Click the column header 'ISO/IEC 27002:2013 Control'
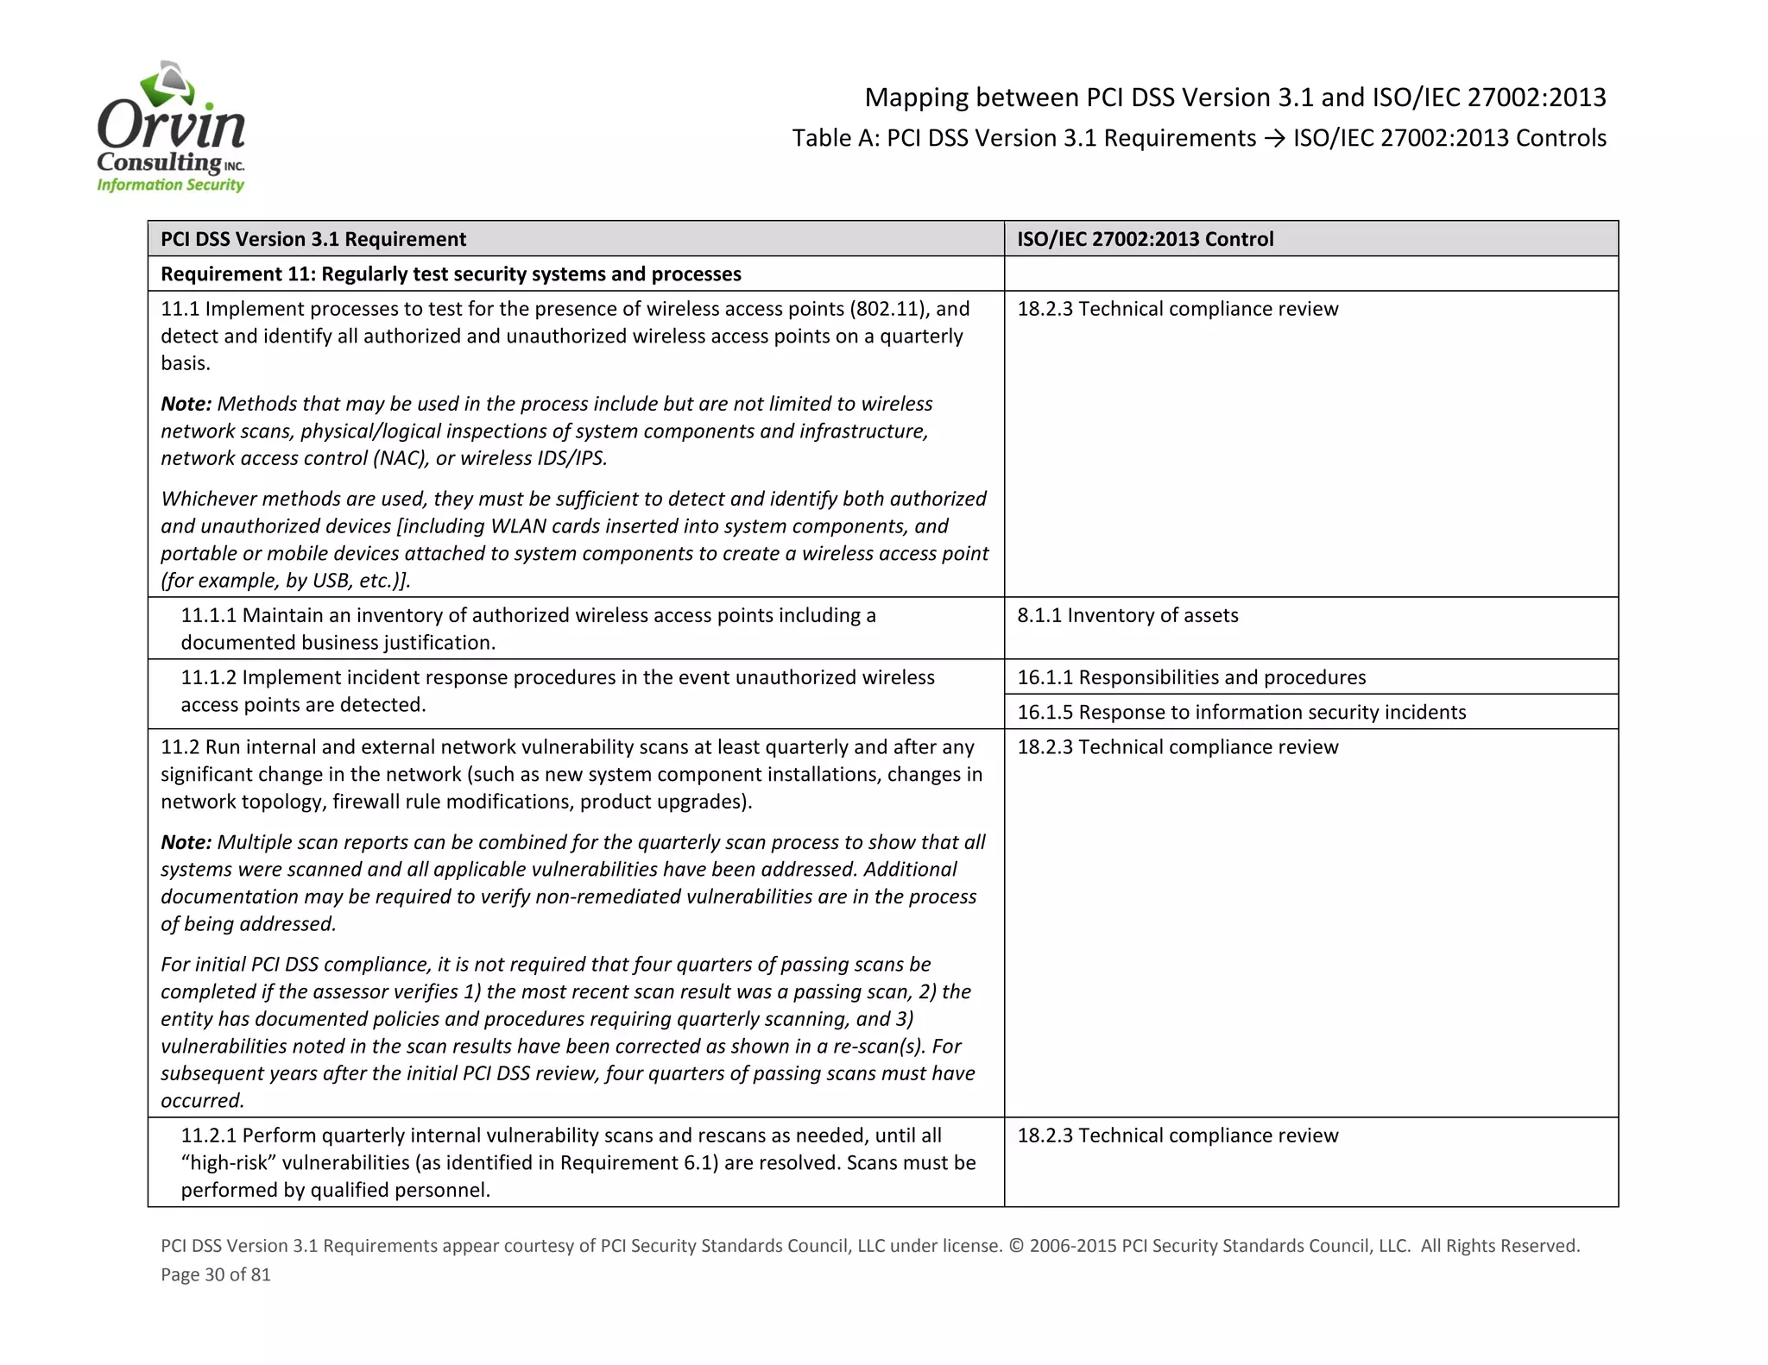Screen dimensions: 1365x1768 tap(1145, 239)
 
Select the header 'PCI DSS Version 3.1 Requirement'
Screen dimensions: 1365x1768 tap(313, 239)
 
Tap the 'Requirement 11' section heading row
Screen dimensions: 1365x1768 tap(451, 274)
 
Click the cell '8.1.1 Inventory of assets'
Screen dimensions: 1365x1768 tap(1127, 615)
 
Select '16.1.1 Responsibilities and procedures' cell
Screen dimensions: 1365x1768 tap(1191, 677)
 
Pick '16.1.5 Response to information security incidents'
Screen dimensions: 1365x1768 tap(1241, 712)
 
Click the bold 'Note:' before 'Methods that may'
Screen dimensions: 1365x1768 tap(186, 404)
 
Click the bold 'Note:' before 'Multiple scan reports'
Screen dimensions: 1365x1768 tap(186, 842)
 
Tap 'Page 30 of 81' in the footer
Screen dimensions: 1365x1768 tap(216, 1274)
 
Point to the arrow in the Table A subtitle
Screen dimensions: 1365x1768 tap(1274, 138)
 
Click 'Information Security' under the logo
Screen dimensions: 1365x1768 tap(170, 185)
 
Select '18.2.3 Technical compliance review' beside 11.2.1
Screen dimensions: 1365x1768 tap(1178, 1135)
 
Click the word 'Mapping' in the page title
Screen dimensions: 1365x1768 tap(916, 97)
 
